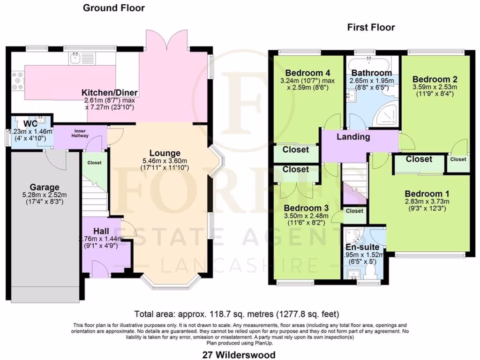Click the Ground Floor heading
(x=114, y=8)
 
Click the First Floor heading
(x=371, y=28)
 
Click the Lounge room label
(x=165, y=153)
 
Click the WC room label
(x=17, y=123)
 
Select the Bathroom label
(x=372, y=73)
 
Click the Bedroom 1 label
(x=423, y=194)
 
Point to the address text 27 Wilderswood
(x=240, y=355)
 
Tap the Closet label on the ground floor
(x=94, y=163)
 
